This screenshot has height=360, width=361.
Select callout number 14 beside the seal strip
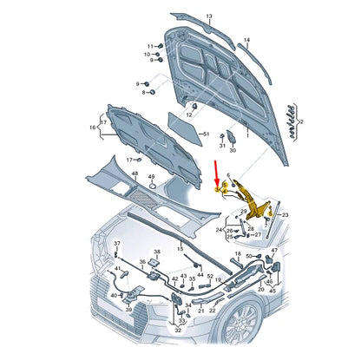click(x=246, y=40)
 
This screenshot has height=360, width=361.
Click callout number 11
click(x=149, y=46)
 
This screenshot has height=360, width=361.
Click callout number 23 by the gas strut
click(x=285, y=215)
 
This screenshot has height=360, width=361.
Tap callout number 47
click(x=275, y=250)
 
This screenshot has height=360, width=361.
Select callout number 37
click(x=118, y=244)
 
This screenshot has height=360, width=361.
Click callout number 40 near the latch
click(x=113, y=295)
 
